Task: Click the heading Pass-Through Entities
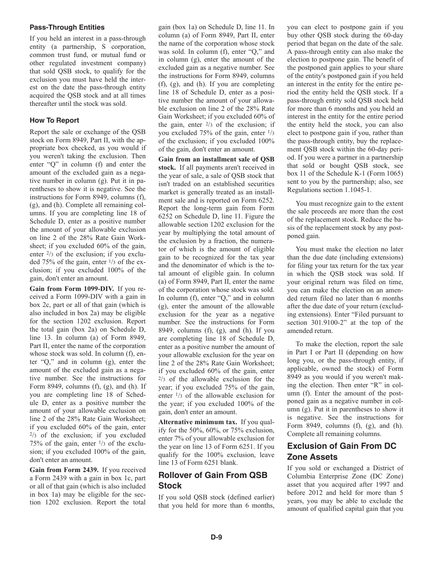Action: tap(67, 27)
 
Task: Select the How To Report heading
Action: tap(54, 120)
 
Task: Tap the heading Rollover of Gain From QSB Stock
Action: tap(213, 480)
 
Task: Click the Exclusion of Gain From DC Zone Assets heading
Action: tap(341, 451)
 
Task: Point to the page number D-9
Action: tap(216, 537)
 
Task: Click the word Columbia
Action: tap(304, 476)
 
